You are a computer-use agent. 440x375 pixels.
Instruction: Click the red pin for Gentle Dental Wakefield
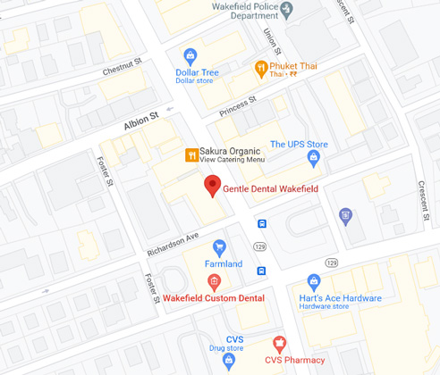tap(212, 186)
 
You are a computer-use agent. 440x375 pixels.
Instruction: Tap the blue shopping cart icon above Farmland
tap(219, 246)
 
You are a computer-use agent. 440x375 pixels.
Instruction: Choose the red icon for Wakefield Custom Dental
tap(214, 281)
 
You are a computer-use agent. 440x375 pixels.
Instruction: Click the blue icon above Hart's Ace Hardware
tap(314, 281)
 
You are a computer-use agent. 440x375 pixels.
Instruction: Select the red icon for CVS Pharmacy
tap(279, 343)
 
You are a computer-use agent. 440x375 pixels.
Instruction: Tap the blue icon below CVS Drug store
tap(229, 361)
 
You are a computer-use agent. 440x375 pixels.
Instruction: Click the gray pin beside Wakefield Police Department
tap(286, 10)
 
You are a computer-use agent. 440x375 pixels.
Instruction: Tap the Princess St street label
tap(238, 104)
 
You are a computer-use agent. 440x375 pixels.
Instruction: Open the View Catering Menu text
tap(232, 159)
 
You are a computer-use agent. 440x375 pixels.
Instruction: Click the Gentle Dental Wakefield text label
tap(275, 188)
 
